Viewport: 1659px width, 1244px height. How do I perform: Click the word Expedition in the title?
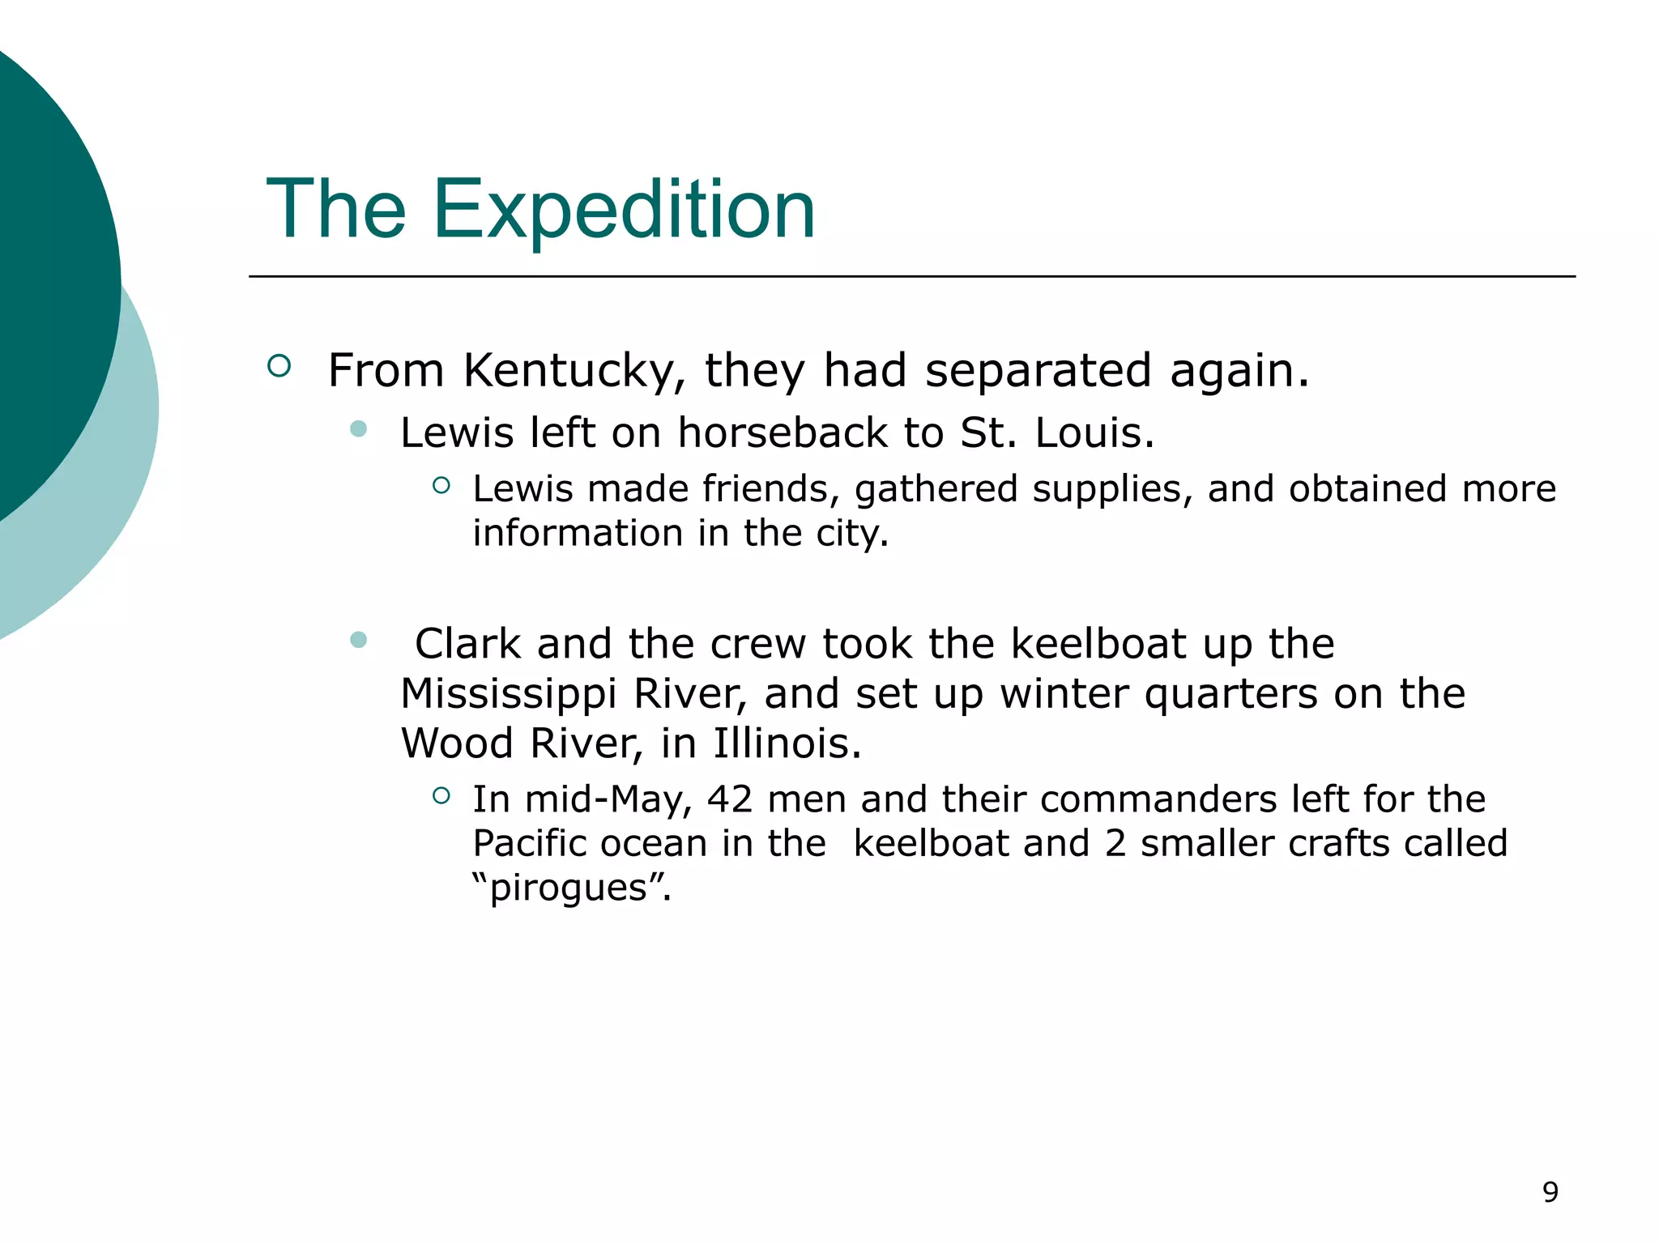[x=624, y=211]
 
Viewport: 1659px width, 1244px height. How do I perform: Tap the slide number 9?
[x=1550, y=1192]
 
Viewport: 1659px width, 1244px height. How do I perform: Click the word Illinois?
[x=787, y=743]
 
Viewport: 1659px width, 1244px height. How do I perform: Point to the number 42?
[x=730, y=799]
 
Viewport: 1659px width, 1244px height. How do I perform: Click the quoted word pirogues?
[x=572, y=888]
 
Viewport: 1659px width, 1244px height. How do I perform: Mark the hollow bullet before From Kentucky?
[x=279, y=366]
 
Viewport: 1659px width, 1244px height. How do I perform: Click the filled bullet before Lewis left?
[x=359, y=428]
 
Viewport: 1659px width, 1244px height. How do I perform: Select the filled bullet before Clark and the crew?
[x=359, y=641]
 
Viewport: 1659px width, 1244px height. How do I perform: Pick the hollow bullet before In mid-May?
[x=441, y=795]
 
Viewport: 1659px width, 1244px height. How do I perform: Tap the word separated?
[x=1038, y=371]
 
